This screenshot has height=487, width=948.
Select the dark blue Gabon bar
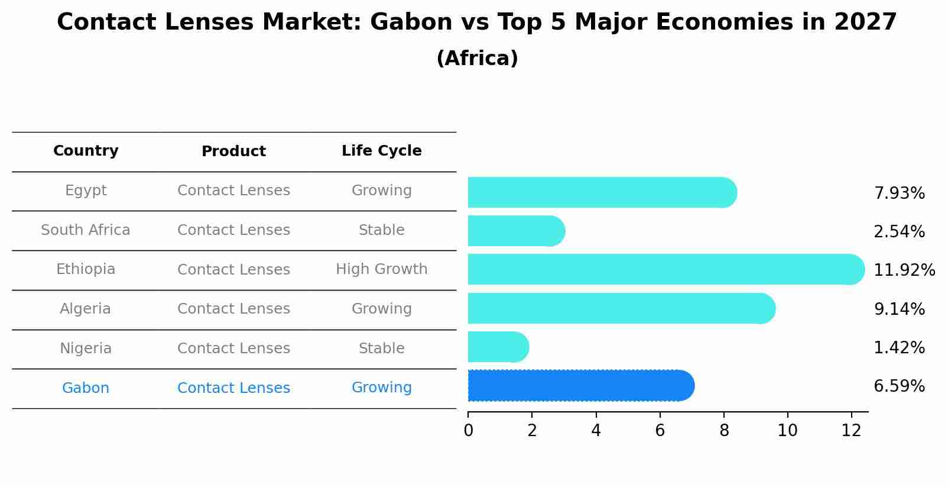[x=579, y=386]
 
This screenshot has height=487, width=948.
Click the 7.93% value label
[x=899, y=193]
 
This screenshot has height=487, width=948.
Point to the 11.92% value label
[x=904, y=270]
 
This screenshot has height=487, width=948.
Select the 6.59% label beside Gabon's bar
[x=899, y=386]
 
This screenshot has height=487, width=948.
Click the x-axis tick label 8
[x=724, y=431]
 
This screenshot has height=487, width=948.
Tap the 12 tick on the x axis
[x=851, y=431]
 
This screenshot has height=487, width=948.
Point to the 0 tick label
[x=469, y=431]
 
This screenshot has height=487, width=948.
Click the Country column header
[x=86, y=151]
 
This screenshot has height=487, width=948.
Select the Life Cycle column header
[x=381, y=151]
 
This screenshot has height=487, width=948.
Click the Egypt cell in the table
[x=86, y=191]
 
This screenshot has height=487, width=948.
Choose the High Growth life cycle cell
[x=381, y=269]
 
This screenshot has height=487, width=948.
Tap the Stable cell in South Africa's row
[x=381, y=230]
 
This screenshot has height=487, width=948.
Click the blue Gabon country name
[x=86, y=388]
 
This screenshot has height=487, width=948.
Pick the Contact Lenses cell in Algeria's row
[x=233, y=309]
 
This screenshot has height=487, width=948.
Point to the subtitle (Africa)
[x=477, y=59]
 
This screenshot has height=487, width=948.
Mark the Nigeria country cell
[x=86, y=349]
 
